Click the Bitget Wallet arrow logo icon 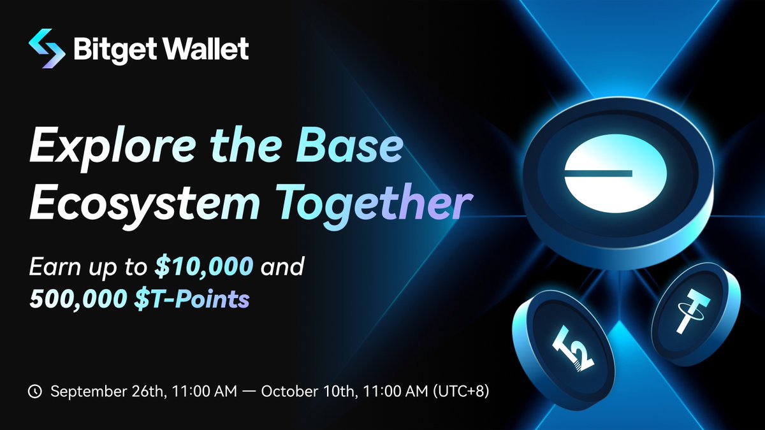[x=47, y=48]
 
